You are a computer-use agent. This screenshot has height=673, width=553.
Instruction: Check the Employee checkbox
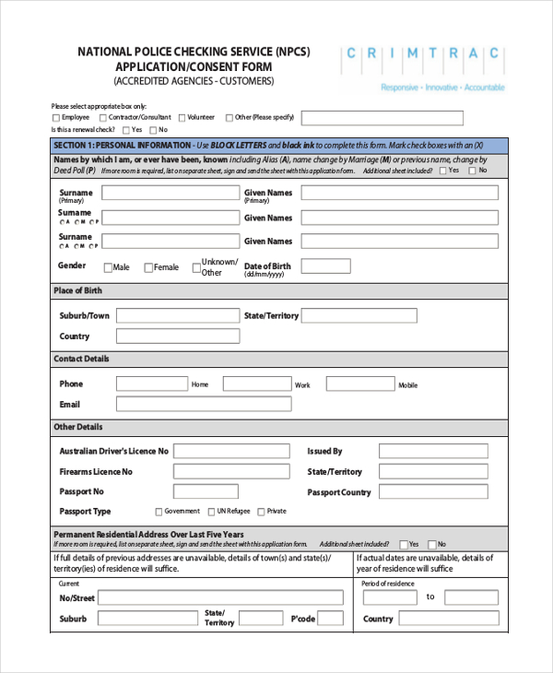point(56,118)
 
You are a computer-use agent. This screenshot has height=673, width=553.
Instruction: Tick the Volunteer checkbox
point(182,118)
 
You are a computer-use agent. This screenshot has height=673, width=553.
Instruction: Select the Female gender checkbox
point(147,268)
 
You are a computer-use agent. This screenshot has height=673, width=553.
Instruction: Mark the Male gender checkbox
point(108,268)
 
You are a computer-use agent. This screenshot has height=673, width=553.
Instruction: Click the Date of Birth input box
point(325,266)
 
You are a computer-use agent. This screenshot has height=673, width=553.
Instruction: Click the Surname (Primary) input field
point(170,193)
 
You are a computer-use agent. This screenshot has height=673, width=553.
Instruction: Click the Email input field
point(202,405)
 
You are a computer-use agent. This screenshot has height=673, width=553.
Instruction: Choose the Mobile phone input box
point(360,384)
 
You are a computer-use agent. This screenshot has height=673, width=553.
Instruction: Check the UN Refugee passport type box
point(211,512)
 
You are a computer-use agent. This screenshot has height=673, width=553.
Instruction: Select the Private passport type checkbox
point(262,512)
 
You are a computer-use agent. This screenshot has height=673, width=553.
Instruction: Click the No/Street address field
point(220,597)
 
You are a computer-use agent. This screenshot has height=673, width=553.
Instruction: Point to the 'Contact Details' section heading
point(81,359)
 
